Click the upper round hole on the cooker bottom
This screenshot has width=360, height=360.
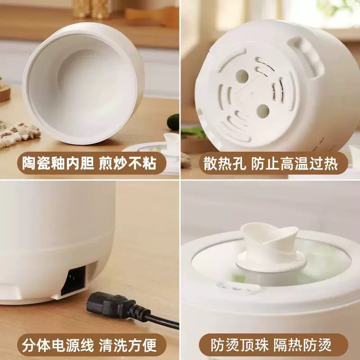click(242, 76)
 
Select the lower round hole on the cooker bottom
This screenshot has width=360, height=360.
click(263, 111)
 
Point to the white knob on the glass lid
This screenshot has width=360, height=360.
click(271, 247)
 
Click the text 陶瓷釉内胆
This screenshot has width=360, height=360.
click(58, 163)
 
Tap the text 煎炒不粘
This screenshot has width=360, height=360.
click(128, 163)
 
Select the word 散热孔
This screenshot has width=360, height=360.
click(225, 164)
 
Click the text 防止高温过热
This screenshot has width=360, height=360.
click(295, 164)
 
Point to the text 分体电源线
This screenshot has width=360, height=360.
click(58, 345)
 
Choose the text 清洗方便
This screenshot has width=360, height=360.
click(128, 345)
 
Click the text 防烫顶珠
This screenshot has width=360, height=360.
click(239, 345)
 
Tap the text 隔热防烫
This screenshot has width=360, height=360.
click(302, 345)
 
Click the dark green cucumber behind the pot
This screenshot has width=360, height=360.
click(173, 121)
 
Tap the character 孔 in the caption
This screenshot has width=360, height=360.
click(239, 164)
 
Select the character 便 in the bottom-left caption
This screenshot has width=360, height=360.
click(149, 345)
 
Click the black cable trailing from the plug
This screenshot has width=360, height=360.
click(161, 320)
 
